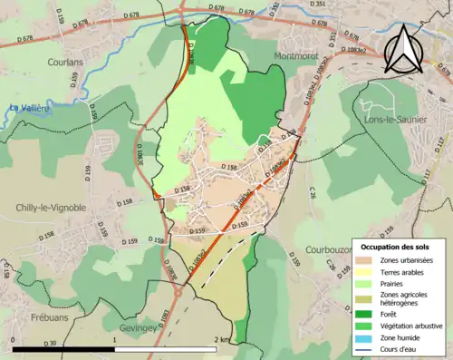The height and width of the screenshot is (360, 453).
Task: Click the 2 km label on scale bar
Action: click(222, 339)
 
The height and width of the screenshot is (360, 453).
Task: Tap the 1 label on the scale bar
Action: click(115, 339)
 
